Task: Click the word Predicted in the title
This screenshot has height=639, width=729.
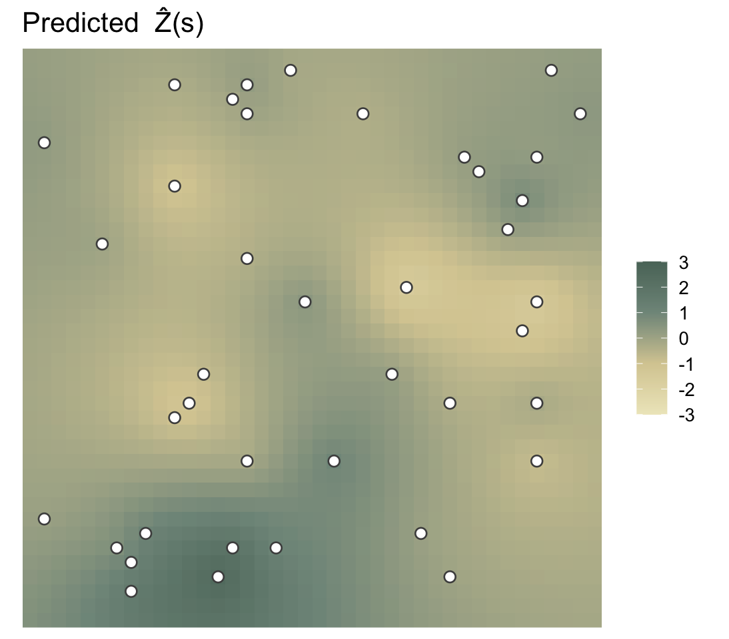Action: pyautogui.click(x=81, y=23)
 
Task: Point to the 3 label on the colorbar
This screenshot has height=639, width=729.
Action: pyautogui.click(x=683, y=263)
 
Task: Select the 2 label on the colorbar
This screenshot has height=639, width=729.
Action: pyautogui.click(x=683, y=288)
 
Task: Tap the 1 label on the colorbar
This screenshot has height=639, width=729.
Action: pyautogui.click(x=683, y=314)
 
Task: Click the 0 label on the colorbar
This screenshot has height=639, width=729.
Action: pyautogui.click(x=683, y=339)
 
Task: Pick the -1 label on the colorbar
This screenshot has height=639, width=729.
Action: pyautogui.click(x=686, y=364)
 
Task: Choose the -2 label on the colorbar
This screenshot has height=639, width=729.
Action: pyautogui.click(x=686, y=389)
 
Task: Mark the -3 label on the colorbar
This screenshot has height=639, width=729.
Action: pyautogui.click(x=686, y=415)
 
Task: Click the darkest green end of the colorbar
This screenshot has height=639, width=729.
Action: pyautogui.click(x=652, y=263)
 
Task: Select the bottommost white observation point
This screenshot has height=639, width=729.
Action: pyautogui.click(x=131, y=591)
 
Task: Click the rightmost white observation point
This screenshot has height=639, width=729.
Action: pyautogui.click(x=580, y=114)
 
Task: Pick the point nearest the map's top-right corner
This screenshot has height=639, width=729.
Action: pyautogui.click(x=551, y=71)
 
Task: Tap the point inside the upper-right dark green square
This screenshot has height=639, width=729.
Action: pyautogui.click(x=522, y=200)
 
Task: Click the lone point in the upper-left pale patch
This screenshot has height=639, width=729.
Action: pyautogui.click(x=175, y=186)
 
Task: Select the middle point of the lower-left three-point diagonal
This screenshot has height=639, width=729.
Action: pyautogui.click(x=189, y=403)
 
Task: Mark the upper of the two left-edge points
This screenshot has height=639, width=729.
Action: pyautogui.click(x=44, y=142)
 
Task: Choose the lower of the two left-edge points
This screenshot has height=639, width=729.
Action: pyautogui.click(x=44, y=519)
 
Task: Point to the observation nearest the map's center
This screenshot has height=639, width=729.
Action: pyautogui.click(x=305, y=302)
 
